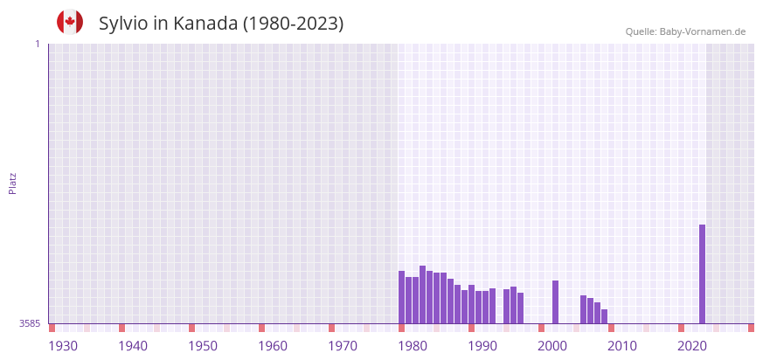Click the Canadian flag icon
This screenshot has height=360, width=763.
(x=70, y=22)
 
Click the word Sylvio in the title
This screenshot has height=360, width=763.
(x=123, y=24)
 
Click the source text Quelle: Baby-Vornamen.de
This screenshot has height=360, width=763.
(x=685, y=31)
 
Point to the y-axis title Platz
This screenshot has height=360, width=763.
(x=12, y=183)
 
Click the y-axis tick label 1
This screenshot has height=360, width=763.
(x=37, y=44)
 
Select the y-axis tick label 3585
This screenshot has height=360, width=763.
(x=29, y=323)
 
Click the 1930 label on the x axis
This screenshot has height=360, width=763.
(x=63, y=346)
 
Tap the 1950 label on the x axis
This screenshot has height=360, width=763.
(x=203, y=346)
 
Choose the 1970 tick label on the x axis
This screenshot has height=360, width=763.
(x=343, y=346)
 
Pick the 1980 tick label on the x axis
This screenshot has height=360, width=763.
(x=413, y=346)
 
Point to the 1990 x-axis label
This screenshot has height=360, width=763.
(x=482, y=346)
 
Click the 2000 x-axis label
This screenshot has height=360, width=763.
(x=552, y=346)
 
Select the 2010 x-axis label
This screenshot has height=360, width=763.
(x=622, y=346)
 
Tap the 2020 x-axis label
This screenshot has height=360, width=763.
(x=692, y=346)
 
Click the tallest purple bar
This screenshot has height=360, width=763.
(x=702, y=273)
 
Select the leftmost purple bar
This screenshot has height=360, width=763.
(x=401, y=297)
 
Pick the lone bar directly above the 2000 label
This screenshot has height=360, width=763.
(x=555, y=301)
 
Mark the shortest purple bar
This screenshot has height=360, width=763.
(x=604, y=316)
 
